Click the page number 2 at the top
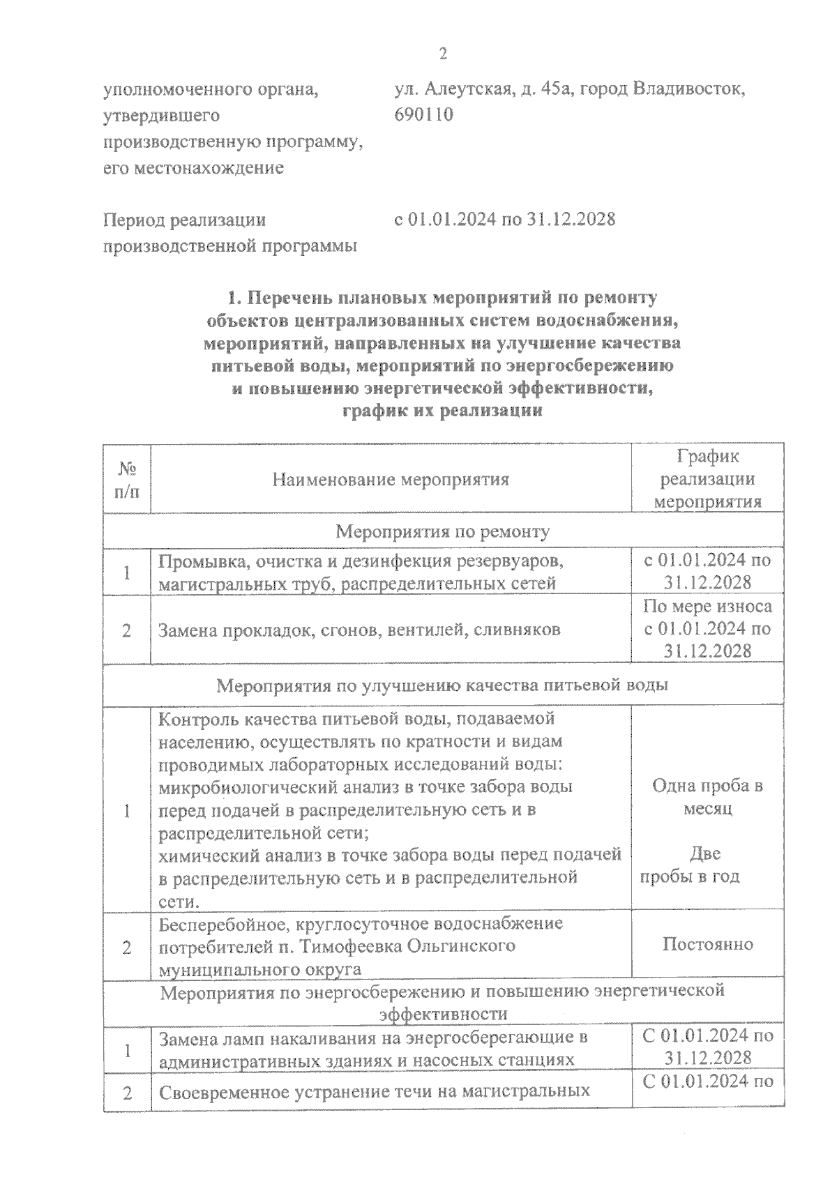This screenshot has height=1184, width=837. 442,54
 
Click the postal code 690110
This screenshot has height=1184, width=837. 423,114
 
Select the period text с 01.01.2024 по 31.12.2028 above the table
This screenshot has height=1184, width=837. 505,220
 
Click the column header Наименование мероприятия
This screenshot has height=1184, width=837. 391,480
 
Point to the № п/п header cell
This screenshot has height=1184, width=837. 126,480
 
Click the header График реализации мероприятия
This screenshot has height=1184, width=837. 709,480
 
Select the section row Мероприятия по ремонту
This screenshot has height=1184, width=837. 443,532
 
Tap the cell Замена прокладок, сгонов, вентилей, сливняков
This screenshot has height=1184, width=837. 359,630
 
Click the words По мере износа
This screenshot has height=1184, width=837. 707,607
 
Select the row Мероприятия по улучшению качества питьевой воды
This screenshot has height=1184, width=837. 442,685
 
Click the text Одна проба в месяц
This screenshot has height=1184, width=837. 707,798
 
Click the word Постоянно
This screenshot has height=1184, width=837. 707,945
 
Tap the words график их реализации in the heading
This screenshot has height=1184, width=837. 442,411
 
